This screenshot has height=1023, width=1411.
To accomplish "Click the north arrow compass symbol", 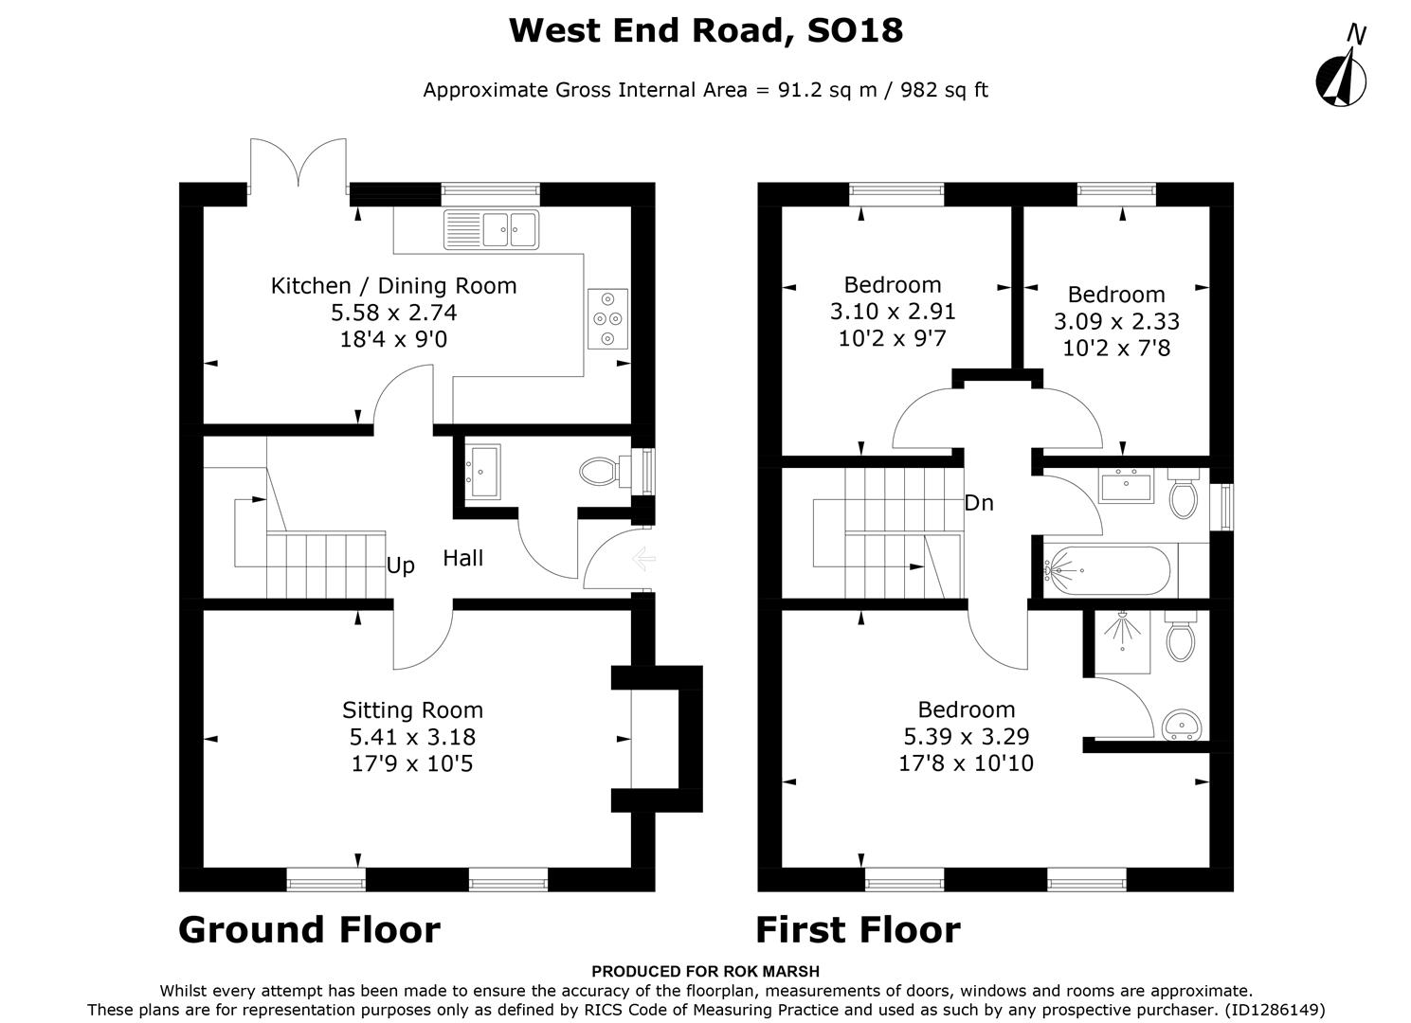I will click(x=1341, y=76).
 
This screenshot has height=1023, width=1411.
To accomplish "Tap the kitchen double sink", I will click(x=492, y=229).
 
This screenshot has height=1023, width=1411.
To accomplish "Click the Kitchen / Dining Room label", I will click(x=393, y=286).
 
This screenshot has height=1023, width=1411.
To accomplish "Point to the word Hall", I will click(x=462, y=559).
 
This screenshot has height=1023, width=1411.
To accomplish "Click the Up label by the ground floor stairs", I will click(x=400, y=566).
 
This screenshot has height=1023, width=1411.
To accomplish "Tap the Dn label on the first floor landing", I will click(x=978, y=504).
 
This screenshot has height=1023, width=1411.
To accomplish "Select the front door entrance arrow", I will click(x=643, y=561).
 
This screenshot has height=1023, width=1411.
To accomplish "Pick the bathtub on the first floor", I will click(x=1107, y=570).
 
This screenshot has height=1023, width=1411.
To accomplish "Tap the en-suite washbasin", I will click(x=1182, y=725).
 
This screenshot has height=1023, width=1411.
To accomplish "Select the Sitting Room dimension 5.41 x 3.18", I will click(x=412, y=737).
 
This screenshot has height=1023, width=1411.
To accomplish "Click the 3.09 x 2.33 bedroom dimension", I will click(x=1116, y=322).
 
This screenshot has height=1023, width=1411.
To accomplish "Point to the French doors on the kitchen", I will click(x=298, y=166).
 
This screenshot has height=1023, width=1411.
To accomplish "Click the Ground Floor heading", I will click(x=309, y=930).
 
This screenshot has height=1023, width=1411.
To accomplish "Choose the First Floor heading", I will click(x=858, y=930).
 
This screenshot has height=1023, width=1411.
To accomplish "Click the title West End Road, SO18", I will click(x=705, y=30).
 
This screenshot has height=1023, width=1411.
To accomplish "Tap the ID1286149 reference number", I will click(x=1274, y=1010).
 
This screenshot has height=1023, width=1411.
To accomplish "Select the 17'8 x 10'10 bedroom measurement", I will click(x=966, y=763).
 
